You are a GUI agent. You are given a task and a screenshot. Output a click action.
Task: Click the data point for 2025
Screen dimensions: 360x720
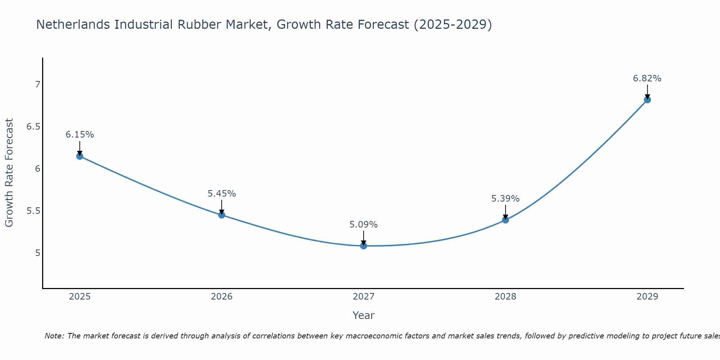point(80,156)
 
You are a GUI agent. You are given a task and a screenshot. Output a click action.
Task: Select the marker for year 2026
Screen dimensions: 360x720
point(222,215)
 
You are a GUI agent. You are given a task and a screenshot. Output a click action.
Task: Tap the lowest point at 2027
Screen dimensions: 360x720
point(364,246)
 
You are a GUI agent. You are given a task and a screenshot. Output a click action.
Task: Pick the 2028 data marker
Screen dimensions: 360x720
point(505,220)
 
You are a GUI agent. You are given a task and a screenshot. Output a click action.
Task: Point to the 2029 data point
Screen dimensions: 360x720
point(647,100)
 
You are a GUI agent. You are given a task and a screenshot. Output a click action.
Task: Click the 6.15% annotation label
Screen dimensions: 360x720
point(80,135)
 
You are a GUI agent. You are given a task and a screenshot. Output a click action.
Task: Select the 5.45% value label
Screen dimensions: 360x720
point(222,194)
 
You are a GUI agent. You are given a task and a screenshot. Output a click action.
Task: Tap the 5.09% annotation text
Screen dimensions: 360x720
point(364,225)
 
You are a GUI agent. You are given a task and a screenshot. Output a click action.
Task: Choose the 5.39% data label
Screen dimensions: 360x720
point(505,199)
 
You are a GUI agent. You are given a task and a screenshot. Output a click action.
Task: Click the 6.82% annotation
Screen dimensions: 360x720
point(647,78)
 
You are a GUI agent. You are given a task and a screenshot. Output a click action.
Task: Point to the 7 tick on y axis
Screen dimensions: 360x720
point(37,85)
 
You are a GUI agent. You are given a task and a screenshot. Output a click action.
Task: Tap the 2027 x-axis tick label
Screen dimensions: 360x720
point(364,297)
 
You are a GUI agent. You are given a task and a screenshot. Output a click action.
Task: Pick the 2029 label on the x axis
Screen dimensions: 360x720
point(647,297)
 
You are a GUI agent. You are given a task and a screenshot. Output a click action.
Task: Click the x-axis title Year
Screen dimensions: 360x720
point(364,315)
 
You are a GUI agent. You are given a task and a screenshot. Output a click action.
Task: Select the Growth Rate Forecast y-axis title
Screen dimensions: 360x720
point(9,173)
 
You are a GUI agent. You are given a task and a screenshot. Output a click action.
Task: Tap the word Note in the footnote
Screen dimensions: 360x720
point(54,336)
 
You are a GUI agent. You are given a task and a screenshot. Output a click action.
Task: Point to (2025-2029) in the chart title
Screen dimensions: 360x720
point(453,24)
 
